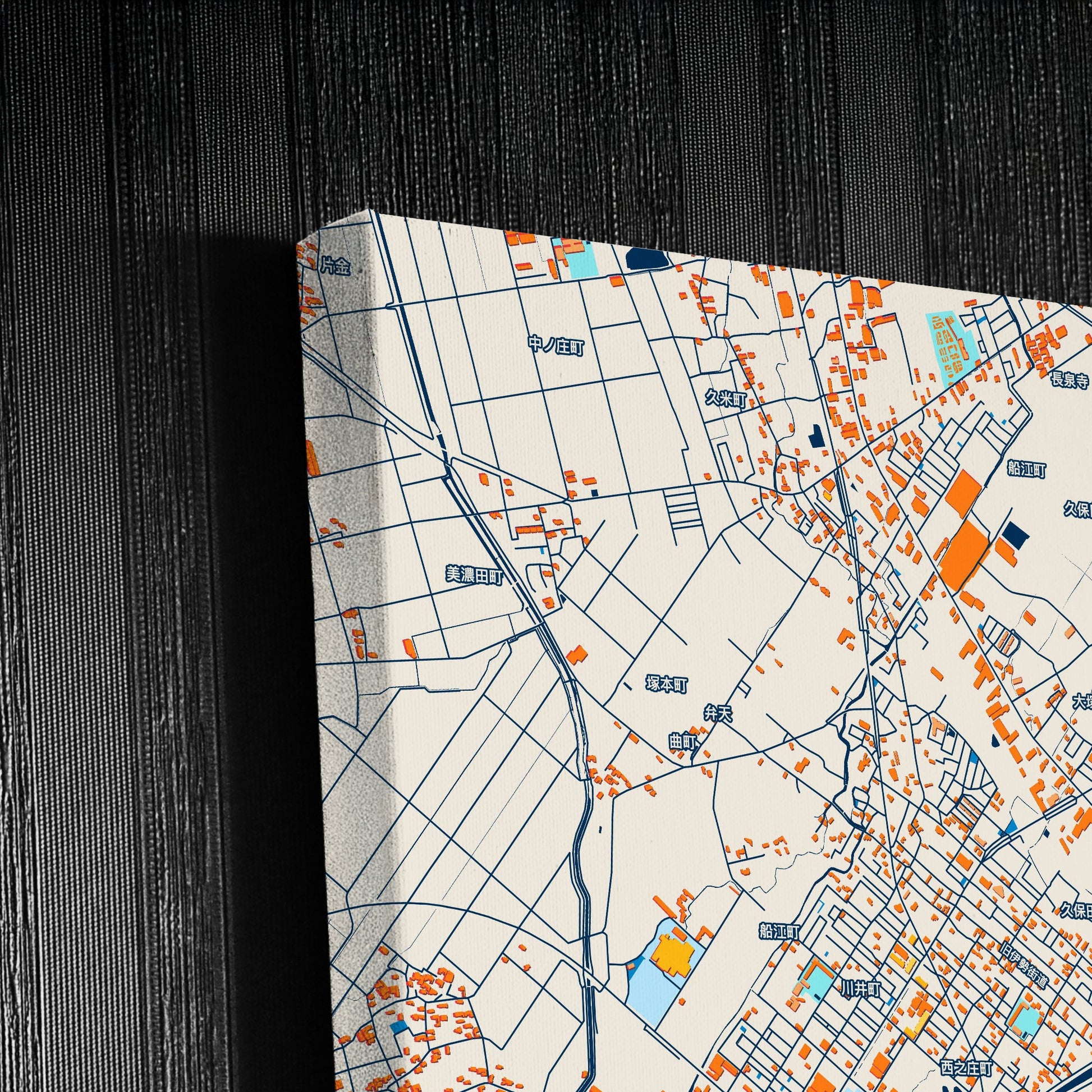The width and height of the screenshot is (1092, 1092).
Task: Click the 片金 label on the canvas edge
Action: [x=335, y=266]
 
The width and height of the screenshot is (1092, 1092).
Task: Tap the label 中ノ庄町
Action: [x=556, y=345]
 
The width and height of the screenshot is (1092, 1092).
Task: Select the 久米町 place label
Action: [x=726, y=400]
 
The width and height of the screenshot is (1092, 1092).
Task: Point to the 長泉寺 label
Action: [x=1069, y=380]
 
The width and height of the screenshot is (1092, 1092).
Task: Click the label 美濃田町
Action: [x=474, y=576]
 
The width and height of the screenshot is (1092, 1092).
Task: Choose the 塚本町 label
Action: [x=667, y=685]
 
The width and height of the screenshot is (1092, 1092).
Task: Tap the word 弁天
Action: [x=718, y=714]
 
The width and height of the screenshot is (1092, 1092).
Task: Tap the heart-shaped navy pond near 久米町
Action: [x=816, y=436]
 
